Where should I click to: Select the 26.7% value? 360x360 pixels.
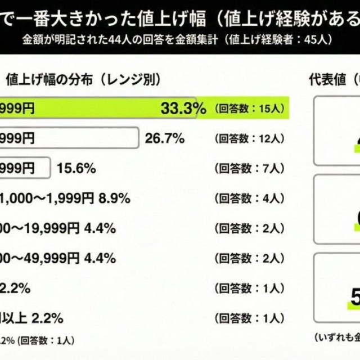(165, 138)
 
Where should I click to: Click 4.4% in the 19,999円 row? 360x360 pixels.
(100, 228)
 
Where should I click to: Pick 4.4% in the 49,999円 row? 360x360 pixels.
(100, 258)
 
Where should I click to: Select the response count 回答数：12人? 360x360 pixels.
(250, 139)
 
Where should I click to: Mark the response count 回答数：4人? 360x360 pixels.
(248, 199)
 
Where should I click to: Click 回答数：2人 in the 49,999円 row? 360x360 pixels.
(248, 258)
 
